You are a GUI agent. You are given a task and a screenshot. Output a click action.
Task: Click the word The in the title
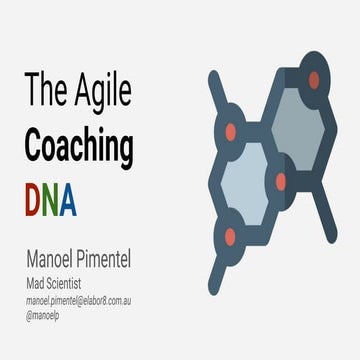[x=45, y=93]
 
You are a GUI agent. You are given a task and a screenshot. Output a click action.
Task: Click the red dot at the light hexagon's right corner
[x=281, y=182]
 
